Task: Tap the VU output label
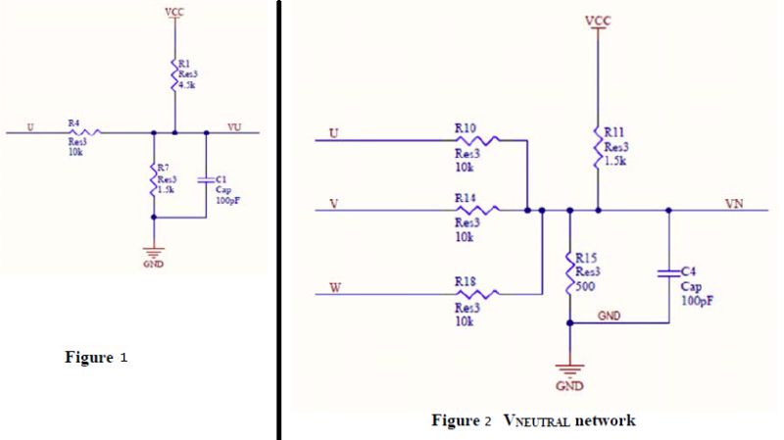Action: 233,126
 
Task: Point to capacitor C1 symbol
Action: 206,180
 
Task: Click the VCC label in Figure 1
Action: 173,11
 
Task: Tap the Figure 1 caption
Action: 96,358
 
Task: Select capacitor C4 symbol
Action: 668,270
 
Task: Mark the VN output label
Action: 733,203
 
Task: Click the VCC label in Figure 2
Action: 595,21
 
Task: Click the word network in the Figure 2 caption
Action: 606,420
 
